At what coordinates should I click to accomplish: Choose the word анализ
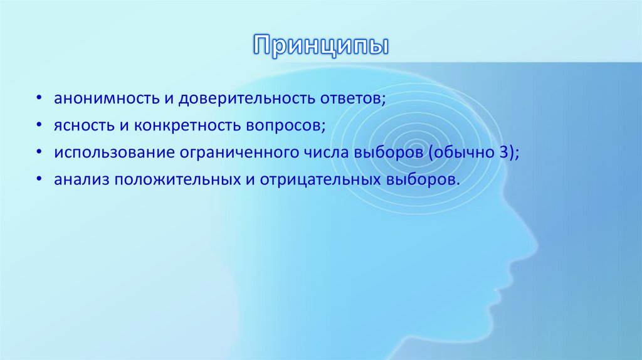pyautogui.click(x=75, y=179)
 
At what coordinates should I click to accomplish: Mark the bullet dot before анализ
pyautogui.click(x=39, y=180)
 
